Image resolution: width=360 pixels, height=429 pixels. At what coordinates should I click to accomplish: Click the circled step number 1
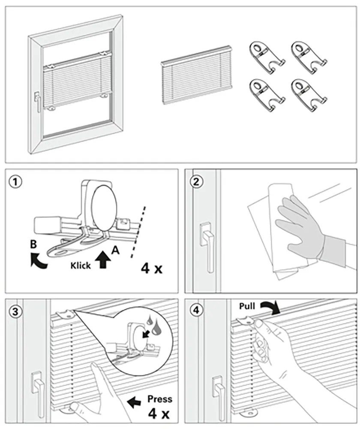coord(16,182)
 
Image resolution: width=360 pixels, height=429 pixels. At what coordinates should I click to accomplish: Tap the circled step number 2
coord(196,182)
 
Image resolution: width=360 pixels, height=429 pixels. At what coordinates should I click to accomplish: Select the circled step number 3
coord(16,311)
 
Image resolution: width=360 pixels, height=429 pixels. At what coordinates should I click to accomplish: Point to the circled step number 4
coord(196,311)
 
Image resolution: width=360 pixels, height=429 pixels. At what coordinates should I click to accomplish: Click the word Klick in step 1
coord(81,266)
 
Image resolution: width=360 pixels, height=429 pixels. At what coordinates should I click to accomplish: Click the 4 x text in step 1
coord(151,269)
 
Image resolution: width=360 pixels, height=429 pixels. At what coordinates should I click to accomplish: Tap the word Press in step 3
coord(159,399)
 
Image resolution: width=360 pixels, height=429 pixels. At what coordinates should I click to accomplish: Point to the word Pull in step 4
coord(248,306)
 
